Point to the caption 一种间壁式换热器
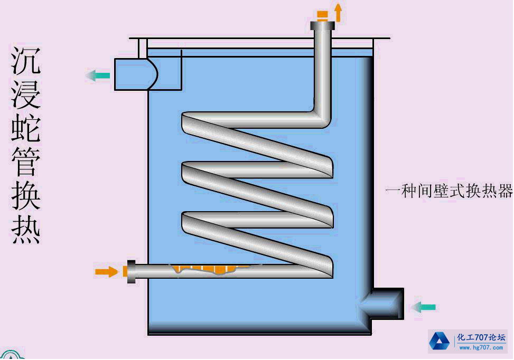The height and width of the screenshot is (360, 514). (449, 191)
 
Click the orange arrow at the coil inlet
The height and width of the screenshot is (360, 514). (106, 272)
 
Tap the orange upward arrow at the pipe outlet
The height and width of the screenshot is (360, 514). (338, 12)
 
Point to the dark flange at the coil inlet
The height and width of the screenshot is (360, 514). (131, 271)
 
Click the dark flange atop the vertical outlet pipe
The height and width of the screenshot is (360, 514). (323, 25)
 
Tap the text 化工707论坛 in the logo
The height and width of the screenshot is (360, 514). (481, 338)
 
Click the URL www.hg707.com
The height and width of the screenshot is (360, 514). (481, 347)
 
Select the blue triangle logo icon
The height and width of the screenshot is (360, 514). (439, 341)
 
